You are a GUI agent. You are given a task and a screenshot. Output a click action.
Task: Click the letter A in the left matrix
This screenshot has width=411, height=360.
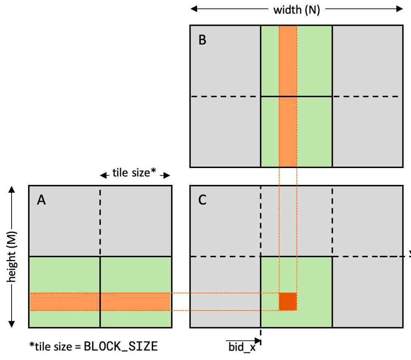tap(41, 200)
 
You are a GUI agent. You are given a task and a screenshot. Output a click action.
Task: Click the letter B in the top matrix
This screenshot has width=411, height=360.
tap(203, 40)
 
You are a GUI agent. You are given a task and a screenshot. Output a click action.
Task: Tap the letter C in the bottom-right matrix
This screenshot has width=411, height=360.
tap(203, 200)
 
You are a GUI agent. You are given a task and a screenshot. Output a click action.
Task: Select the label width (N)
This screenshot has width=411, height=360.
tap(296, 10)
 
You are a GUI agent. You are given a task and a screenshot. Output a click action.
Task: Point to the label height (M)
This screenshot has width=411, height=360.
tap(12, 257)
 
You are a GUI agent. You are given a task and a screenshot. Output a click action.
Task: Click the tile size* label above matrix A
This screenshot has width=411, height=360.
tap(134, 173)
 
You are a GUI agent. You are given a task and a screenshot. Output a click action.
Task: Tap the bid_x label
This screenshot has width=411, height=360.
tap(242, 347)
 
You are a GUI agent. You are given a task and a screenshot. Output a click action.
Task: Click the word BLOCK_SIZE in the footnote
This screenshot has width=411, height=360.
tap(121, 347)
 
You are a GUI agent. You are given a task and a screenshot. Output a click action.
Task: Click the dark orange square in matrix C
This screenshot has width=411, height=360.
tap(288, 302)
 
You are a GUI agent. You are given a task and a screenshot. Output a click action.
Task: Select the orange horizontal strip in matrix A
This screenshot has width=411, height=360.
tap(100, 302)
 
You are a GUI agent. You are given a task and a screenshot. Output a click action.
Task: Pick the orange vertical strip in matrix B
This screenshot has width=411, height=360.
tap(288, 96)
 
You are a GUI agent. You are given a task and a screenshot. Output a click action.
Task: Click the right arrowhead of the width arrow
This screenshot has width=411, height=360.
tap(400, 9)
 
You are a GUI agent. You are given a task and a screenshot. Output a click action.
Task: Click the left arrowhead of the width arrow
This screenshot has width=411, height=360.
tap(194, 9)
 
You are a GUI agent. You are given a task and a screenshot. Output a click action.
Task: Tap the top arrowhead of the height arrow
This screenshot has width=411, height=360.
tap(12, 189)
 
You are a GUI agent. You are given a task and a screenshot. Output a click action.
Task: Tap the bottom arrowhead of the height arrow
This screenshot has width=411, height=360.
tap(12, 324)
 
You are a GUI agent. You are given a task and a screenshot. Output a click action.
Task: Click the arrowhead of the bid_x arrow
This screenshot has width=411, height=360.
tap(258, 341)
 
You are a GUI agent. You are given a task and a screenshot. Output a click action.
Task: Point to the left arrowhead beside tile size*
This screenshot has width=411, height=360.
tap(104, 175)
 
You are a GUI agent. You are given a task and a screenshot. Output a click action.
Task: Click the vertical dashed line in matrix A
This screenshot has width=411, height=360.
tap(100, 222)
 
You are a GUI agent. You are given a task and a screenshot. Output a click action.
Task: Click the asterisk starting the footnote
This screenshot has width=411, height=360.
tap(32, 344)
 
